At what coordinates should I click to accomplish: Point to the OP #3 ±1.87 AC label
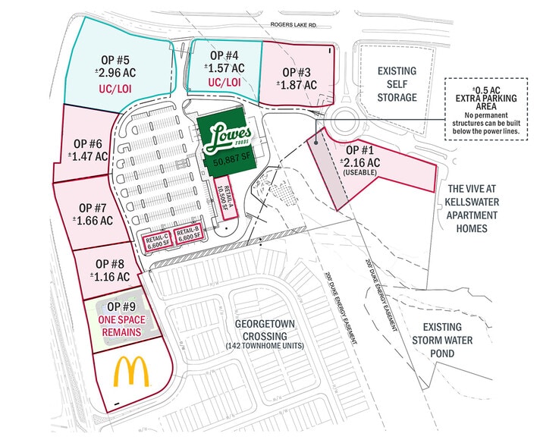(297, 79)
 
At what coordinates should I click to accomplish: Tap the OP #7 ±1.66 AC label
(93, 213)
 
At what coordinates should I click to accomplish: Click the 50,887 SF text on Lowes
(228, 162)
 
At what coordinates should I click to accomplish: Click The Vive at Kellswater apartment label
(488, 208)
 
